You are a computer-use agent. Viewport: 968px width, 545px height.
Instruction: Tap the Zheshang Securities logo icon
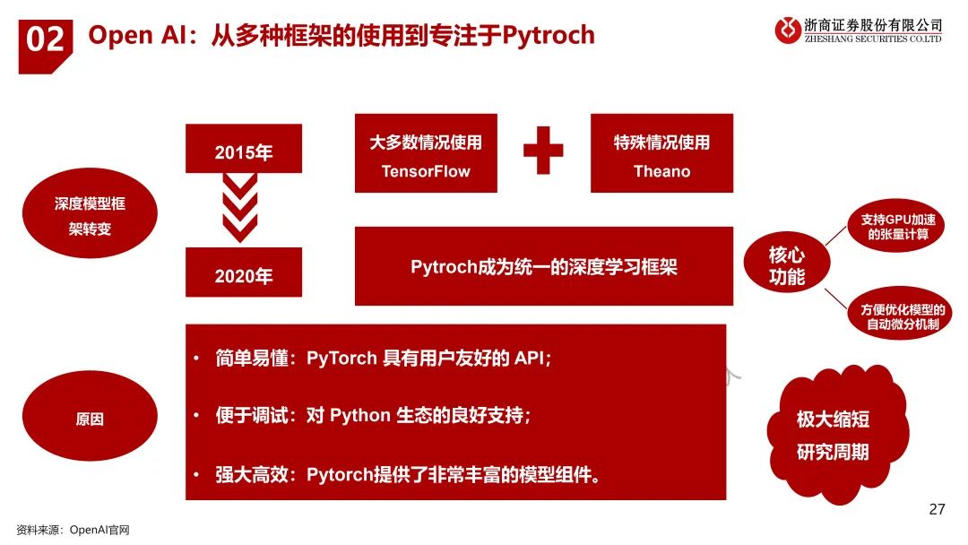point(789,30)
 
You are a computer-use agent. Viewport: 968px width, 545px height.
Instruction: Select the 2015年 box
point(244,151)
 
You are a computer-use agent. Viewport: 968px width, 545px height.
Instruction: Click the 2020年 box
point(244,274)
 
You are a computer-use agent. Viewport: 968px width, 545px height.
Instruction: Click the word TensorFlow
point(426,171)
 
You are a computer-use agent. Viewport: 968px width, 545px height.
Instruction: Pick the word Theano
point(661,171)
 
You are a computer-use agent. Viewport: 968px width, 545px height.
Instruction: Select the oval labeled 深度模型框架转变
point(90,216)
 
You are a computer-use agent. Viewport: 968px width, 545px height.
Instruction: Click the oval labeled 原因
point(90,419)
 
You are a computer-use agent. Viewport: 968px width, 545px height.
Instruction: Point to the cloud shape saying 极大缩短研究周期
point(833,435)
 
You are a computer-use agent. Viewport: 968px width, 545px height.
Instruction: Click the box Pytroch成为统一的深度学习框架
point(544,267)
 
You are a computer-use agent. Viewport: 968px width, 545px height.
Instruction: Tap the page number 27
point(937,510)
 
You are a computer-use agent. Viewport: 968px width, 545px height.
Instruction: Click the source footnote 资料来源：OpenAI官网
point(73,530)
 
